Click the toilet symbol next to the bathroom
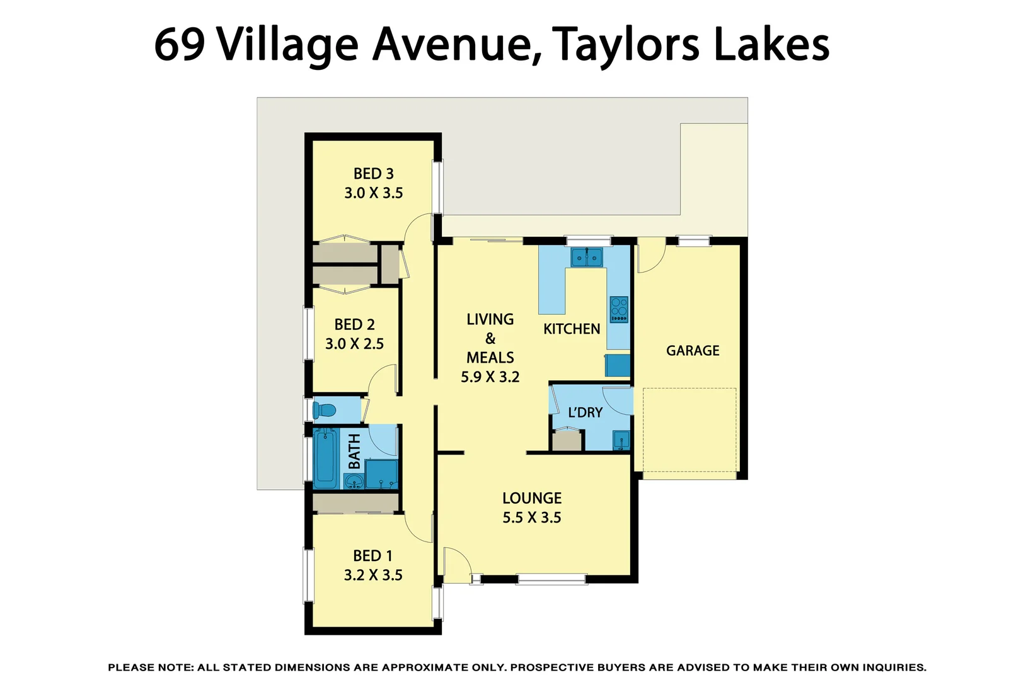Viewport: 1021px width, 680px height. pos(325,411)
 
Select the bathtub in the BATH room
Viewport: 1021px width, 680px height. pos(326,458)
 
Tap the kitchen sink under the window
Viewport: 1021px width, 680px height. pos(587,257)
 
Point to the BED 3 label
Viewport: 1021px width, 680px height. pos(373,174)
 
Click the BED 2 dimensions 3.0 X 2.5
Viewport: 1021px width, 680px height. pos(354,344)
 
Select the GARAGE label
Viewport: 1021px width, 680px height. pos(693,351)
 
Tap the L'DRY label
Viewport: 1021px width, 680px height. pos(585,412)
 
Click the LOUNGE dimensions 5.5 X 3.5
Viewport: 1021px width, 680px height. pos(531,518)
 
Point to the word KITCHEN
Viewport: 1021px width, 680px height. pos(572,329)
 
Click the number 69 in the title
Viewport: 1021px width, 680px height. pos(180,45)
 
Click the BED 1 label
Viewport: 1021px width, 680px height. pos(372,556)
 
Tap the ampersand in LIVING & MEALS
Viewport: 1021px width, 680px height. pos(490,339)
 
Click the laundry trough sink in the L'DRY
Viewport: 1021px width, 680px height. pos(621,440)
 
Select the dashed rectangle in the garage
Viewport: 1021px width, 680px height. pos(689,429)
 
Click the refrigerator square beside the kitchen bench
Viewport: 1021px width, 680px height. pos(618,366)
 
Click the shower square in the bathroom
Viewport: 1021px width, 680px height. pos(381,474)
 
